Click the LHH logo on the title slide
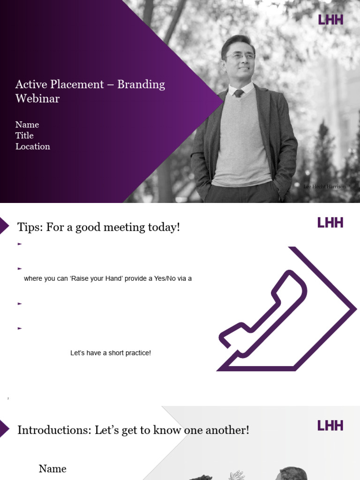(330, 20)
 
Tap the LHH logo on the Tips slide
(330, 223)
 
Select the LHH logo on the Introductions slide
(330, 426)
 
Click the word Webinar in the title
(37, 98)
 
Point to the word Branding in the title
(141, 84)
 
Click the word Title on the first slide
(24, 135)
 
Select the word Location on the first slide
(33, 147)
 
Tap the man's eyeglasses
(240, 56)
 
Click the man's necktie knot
(239, 93)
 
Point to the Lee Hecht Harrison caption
(325, 187)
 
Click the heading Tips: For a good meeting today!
(98, 227)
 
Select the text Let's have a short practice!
(111, 353)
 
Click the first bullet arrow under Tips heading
(20, 244)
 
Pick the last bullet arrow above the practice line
(20, 328)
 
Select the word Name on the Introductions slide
(52, 469)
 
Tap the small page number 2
(8, 398)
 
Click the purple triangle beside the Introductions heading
(4, 428)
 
